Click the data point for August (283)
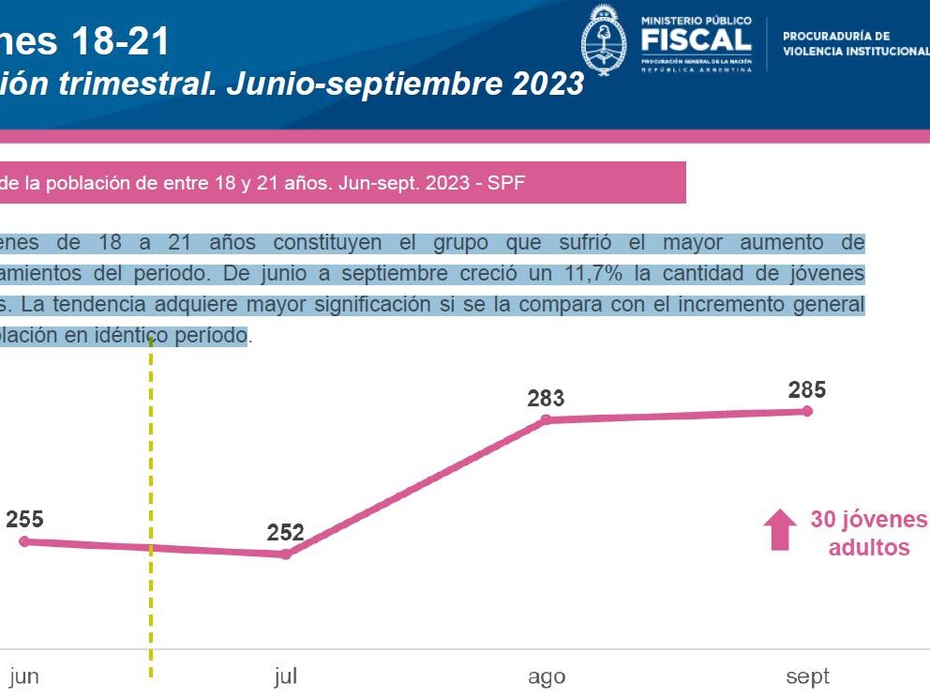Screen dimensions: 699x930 point(546,420)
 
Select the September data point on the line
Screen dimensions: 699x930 point(807,411)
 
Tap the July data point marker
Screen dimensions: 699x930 point(286,554)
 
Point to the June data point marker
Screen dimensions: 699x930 point(24,541)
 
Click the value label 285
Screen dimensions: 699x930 point(807,389)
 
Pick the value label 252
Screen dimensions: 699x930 point(285,533)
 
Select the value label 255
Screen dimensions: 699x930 point(24,519)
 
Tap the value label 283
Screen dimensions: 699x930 point(546,399)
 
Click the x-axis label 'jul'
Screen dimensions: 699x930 point(285,676)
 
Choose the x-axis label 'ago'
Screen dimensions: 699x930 point(546,677)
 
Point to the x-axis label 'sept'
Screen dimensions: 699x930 point(807,676)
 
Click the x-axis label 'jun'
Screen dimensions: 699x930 point(24,676)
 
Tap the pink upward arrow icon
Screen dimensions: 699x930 point(778,529)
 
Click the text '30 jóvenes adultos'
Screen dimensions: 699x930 point(868,533)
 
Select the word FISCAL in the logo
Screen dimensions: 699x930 point(697,39)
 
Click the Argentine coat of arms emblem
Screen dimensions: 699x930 point(604,38)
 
